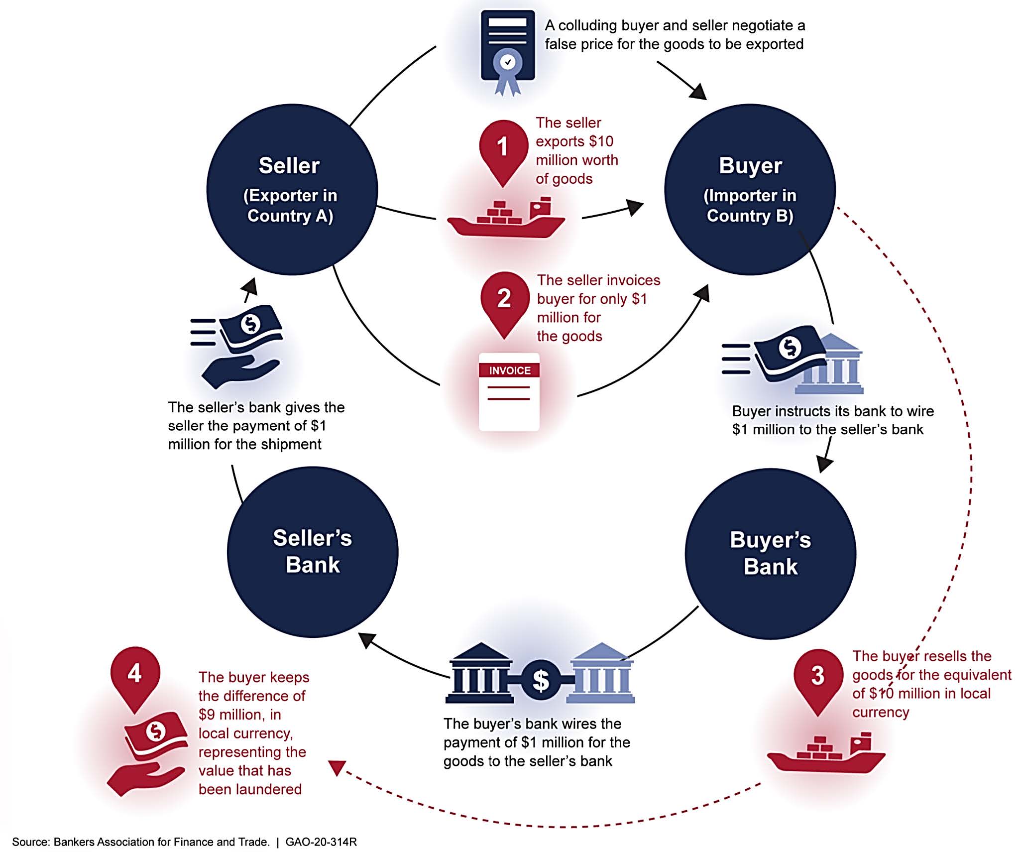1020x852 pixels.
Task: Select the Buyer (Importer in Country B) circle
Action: pyautogui.click(x=750, y=189)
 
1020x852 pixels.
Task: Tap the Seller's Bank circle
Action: pyautogui.click(x=313, y=552)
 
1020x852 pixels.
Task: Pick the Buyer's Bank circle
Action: pyautogui.click(x=770, y=553)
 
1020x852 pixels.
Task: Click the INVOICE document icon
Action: pyautogui.click(x=509, y=391)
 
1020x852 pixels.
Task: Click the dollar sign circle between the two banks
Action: pyautogui.click(x=541, y=679)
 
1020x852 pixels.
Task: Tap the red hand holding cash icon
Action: pyautogui.click(x=147, y=752)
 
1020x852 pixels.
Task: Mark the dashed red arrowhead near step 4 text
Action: pyautogui.click(x=337, y=767)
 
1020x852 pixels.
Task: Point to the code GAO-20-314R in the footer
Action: pyautogui.click(x=321, y=842)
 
